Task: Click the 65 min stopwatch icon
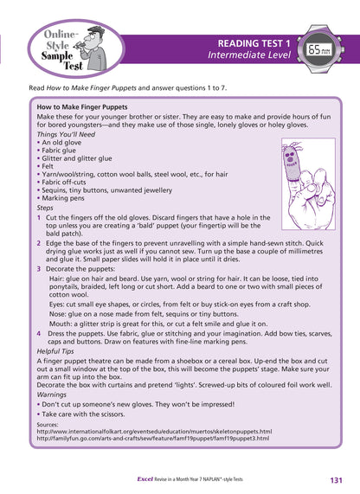pyautogui.click(x=318, y=48)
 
